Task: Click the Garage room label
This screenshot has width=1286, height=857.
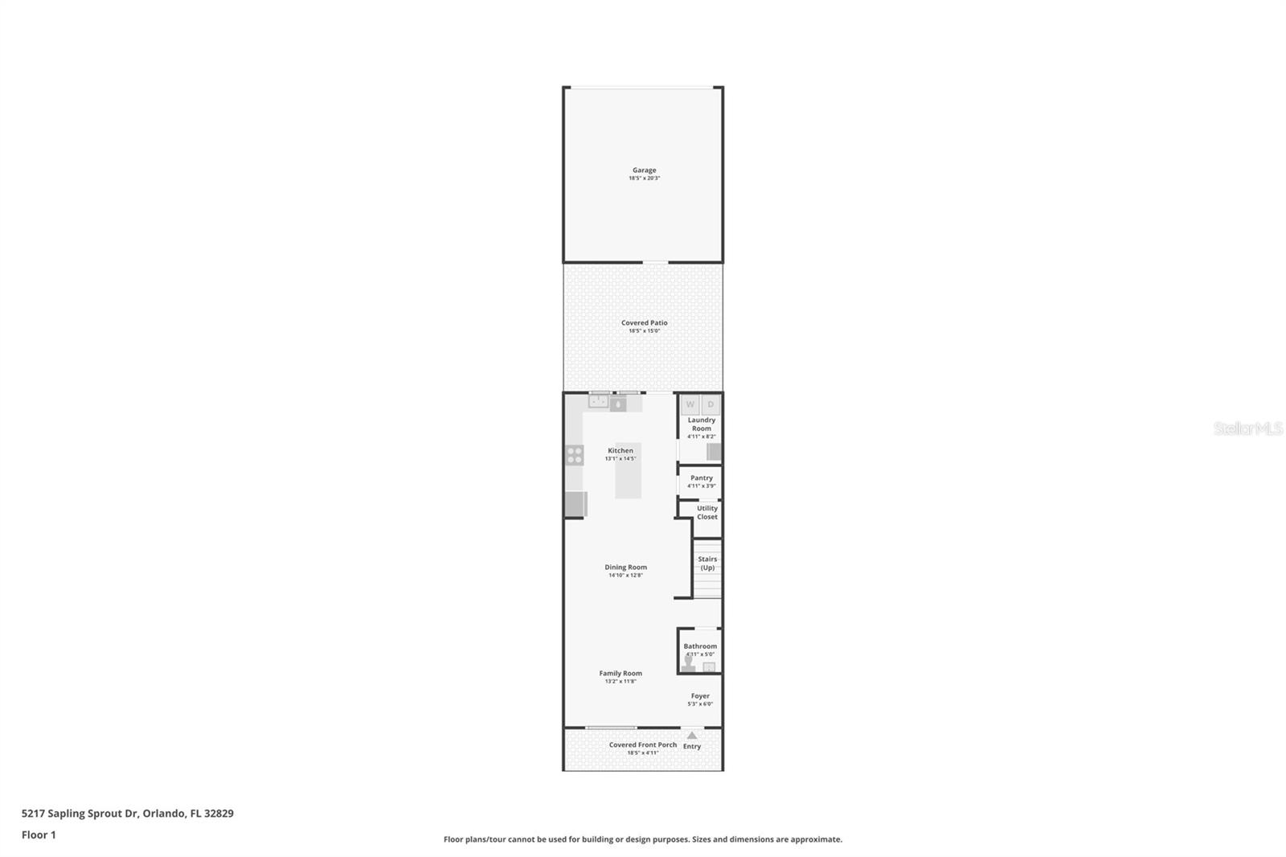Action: click(644, 170)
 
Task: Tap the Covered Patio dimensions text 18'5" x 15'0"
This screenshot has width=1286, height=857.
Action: click(644, 331)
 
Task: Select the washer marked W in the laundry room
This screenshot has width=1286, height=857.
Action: click(690, 405)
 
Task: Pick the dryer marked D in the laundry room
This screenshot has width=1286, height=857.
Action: click(711, 405)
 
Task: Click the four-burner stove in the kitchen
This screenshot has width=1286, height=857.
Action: click(574, 456)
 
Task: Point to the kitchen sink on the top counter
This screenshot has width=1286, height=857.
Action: click(598, 402)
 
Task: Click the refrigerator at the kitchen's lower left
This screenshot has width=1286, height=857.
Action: click(575, 504)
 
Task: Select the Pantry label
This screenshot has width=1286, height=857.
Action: click(701, 478)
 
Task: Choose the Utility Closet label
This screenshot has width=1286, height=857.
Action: click(707, 512)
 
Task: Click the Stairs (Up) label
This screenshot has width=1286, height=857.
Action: click(707, 563)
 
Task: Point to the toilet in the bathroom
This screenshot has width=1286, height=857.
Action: click(689, 662)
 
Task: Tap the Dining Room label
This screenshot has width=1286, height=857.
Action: click(625, 567)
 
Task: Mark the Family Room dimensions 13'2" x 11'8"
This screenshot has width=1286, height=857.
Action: click(620, 682)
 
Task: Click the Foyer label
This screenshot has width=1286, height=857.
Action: click(700, 696)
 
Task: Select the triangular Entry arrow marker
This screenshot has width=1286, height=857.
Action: click(692, 735)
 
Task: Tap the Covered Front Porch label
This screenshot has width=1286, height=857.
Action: click(643, 744)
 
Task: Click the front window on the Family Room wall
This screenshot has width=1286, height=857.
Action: click(611, 728)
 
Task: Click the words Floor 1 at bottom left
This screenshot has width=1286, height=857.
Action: click(39, 834)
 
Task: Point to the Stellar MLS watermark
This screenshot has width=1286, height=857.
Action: click(1247, 428)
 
